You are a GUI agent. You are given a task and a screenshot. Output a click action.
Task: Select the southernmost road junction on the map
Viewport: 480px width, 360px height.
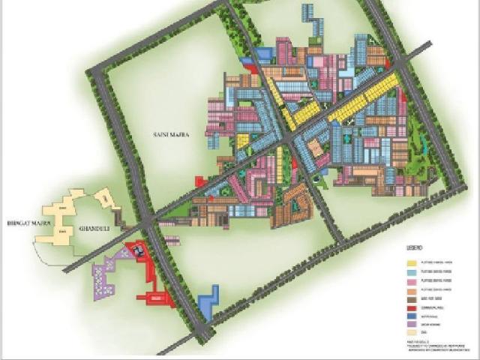pos(202,330)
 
